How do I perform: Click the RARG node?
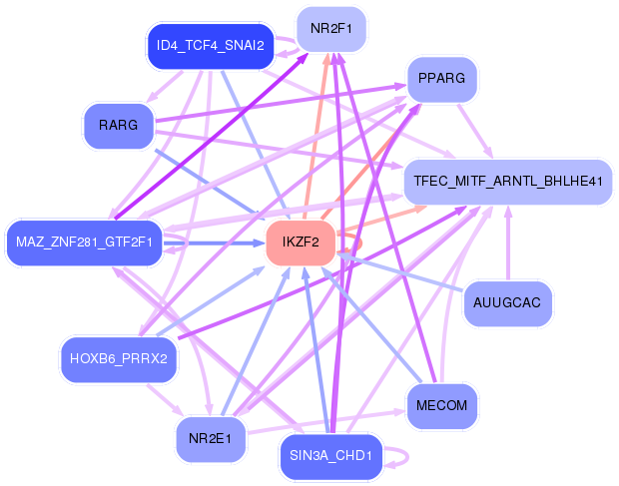click(x=118, y=126)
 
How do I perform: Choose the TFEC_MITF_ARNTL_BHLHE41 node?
click(x=507, y=182)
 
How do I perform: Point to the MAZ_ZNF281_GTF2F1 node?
click(x=84, y=242)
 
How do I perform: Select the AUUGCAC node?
click(x=507, y=302)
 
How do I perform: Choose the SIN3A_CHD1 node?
click(x=330, y=457)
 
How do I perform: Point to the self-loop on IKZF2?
click(x=357, y=240)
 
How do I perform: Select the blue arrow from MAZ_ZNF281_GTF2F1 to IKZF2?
click(x=215, y=243)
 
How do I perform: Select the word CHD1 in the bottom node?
click(x=354, y=457)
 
